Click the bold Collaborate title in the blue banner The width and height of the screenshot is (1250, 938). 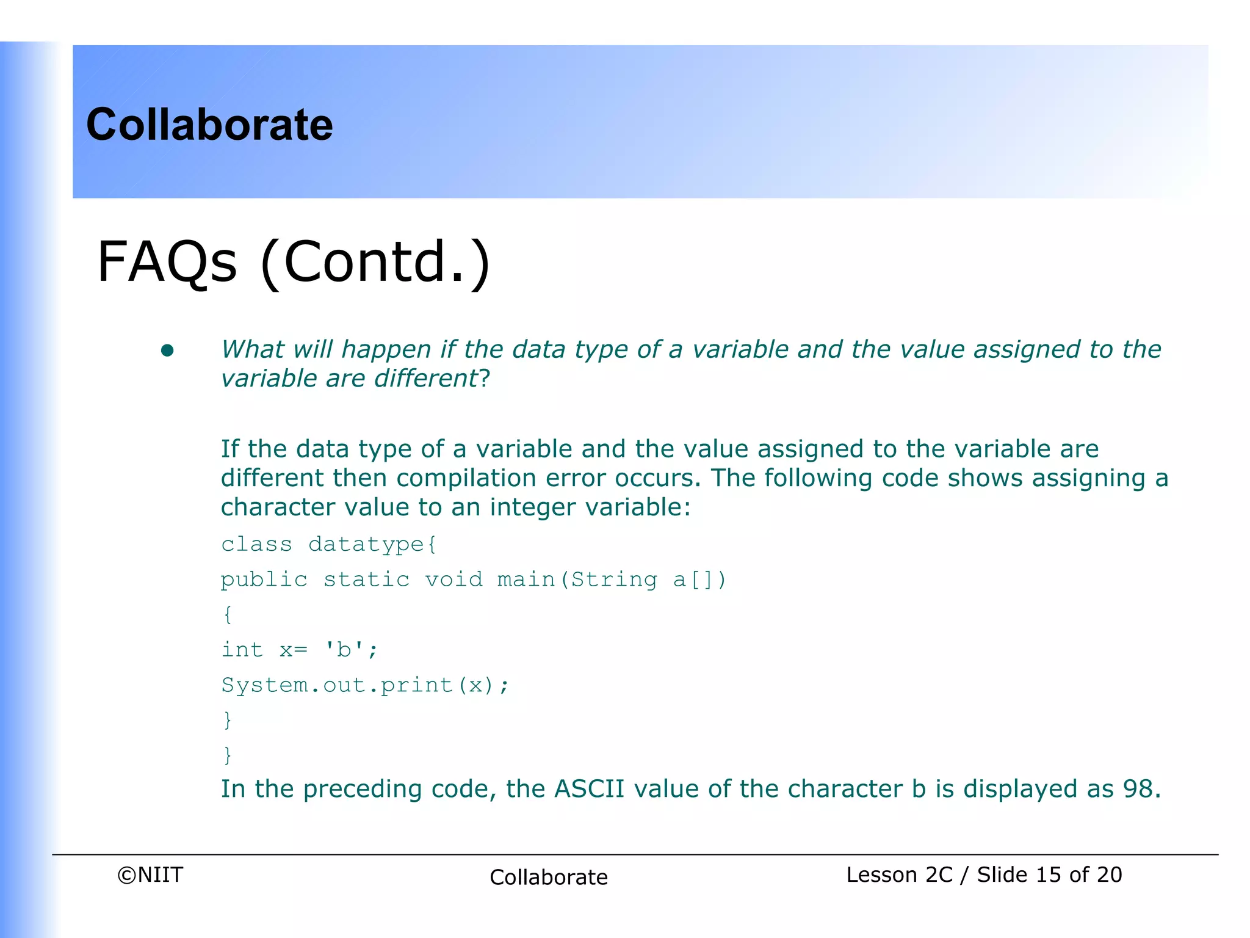click(x=209, y=125)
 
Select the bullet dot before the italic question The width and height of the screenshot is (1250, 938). click(x=167, y=351)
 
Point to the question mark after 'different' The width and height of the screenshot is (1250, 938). click(x=485, y=379)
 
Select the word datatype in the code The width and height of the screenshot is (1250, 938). click(x=366, y=544)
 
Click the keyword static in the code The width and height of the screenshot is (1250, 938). click(x=366, y=580)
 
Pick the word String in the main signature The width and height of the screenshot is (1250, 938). click(x=614, y=580)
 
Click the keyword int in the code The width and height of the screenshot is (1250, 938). click(x=242, y=650)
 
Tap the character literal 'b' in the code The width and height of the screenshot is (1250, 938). click(x=344, y=650)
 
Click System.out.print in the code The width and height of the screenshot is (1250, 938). click(x=337, y=685)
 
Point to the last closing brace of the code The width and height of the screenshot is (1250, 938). click(x=228, y=755)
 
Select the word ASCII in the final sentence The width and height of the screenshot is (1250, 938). click(x=589, y=789)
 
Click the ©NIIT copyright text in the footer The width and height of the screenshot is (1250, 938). click(x=150, y=875)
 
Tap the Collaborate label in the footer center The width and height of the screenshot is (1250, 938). click(x=549, y=878)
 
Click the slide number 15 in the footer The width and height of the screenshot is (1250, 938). click(x=1048, y=875)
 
